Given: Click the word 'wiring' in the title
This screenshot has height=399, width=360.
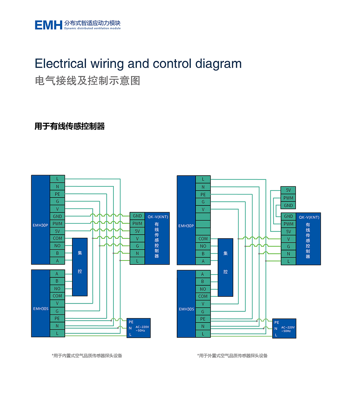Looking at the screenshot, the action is [107, 64].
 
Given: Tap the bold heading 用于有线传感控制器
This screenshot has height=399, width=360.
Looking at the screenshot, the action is [69, 126].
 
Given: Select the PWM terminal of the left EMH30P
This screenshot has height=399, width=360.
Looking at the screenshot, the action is [57, 224].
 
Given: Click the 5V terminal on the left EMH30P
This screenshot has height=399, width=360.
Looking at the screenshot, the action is [57, 231].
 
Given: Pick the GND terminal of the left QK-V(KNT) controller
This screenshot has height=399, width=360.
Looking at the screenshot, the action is [137, 216].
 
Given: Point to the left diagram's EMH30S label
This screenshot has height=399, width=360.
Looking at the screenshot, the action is [41, 309].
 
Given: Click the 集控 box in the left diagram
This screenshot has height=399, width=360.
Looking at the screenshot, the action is [80, 267].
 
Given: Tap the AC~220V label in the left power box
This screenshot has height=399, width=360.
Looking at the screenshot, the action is [142, 327].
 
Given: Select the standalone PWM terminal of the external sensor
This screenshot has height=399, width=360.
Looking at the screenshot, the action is [288, 198].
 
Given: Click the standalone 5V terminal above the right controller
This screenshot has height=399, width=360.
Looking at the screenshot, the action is [288, 190].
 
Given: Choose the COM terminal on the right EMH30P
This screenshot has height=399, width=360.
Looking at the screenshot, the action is [203, 239].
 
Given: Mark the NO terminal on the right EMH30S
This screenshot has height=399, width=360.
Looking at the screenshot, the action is [203, 289].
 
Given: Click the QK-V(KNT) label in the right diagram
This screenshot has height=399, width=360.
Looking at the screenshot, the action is [309, 217].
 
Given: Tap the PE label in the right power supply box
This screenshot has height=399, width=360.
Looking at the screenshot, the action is [277, 322].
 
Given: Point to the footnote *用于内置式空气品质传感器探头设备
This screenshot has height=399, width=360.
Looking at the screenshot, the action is [87, 355].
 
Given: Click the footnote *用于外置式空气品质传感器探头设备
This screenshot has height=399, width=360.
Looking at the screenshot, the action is [232, 355].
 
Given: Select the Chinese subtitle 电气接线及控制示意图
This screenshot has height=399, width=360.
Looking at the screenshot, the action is [87, 81].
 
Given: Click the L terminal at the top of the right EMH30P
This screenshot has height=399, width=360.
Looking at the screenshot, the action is [203, 180].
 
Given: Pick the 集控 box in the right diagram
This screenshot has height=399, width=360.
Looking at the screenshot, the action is [225, 267].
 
